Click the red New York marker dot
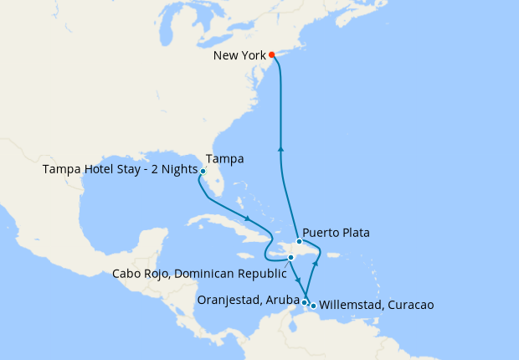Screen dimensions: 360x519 [x=271, y=55]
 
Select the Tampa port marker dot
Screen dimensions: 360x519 [x=203, y=171]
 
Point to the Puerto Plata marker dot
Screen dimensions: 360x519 [x=299, y=241]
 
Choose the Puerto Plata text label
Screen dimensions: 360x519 [x=337, y=233]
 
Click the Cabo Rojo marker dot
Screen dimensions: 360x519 [x=290, y=258]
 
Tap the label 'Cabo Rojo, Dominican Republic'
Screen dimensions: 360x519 [x=198, y=274]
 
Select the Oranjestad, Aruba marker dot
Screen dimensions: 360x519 [x=305, y=301]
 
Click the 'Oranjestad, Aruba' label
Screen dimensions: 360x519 [x=248, y=299]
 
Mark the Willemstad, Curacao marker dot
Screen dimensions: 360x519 [x=313, y=306]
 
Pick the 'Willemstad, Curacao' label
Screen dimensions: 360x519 [x=377, y=305]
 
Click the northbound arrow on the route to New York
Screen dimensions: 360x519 [x=280, y=149]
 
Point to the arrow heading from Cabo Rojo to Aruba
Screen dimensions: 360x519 [x=298, y=282]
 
